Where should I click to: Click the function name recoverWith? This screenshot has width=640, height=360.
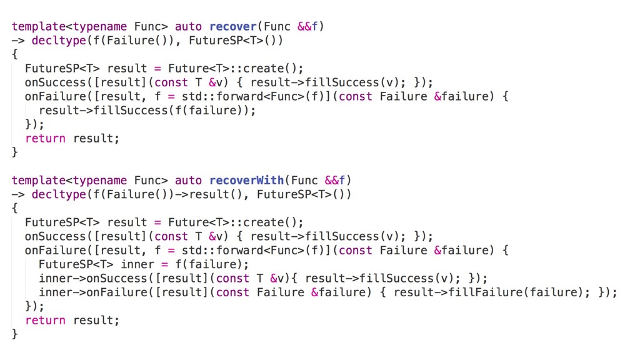tap(246, 181)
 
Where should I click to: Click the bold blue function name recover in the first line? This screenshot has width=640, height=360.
tap(233, 27)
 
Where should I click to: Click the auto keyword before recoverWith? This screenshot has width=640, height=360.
tap(188, 181)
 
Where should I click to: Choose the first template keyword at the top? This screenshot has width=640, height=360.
tap(38, 27)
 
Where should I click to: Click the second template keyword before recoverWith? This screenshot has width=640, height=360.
tap(38, 181)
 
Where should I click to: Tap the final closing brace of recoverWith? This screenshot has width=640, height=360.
tap(15, 334)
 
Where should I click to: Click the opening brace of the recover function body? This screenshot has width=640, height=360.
tap(15, 55)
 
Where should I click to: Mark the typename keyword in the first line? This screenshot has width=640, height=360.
tap(99, 27)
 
